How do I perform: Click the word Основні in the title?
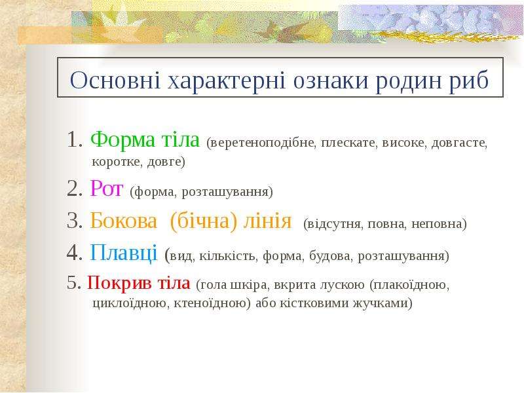(115, 80)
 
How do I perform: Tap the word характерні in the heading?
(226, 81)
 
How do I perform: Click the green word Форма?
(122, 139)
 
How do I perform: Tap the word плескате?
(349, 143)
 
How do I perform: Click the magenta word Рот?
(106, 188)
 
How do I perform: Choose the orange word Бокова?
(123, 221)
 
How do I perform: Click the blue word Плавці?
(123, 253)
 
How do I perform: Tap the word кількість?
(228, 256)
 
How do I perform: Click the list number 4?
(73, 253)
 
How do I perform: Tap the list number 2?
(73, 189)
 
